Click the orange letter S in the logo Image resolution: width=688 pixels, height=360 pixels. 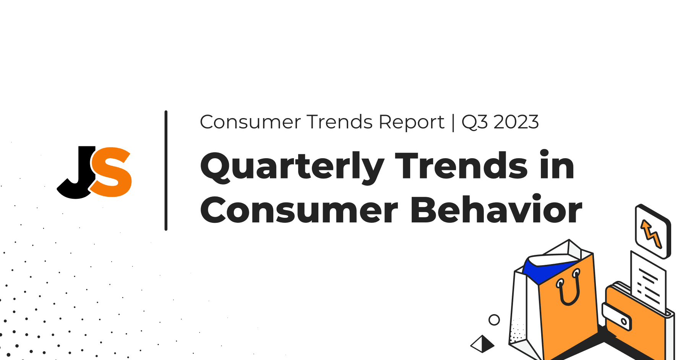click(x=111, y=172)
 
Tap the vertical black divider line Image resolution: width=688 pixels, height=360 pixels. click(x=166, y=170)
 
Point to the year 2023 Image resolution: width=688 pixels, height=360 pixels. click(x=516, y=122)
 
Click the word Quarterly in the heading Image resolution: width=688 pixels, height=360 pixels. click(x=292, y=167)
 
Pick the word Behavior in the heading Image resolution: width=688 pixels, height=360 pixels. click(x=496, y=209)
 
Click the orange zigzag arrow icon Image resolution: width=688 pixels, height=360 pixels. click(x=651, y=234)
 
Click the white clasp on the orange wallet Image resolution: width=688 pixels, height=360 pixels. click(x=617, y=316)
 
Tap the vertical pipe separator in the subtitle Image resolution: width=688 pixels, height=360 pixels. click(x=453, y=122)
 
